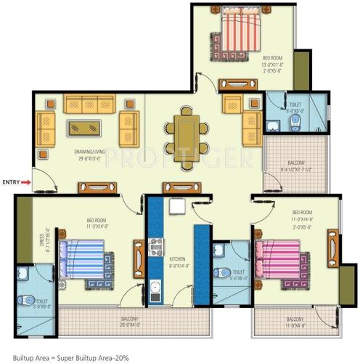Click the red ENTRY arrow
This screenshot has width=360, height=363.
click(x=26, y=182)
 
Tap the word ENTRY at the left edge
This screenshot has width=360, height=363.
click(x=11, y=182)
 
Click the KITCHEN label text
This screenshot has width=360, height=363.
click(x=179, y=259)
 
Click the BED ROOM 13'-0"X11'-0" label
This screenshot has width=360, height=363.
click(x=273, y=63)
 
